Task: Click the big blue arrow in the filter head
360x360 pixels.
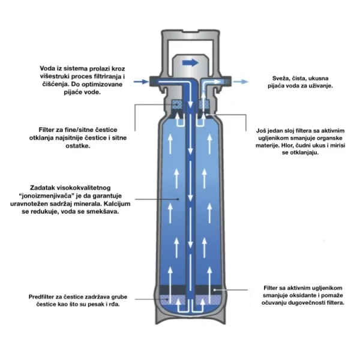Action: (x=190, y=62)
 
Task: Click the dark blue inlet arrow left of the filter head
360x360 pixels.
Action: (x=141, y=82)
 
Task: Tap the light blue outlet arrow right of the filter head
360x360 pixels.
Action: (x=241, y=82)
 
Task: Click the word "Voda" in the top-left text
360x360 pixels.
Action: (x=48, y=68)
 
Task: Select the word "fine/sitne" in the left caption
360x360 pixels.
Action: (x=79, y=130)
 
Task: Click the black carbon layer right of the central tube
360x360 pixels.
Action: (x=208, y=290)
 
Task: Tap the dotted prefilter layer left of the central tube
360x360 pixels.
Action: (x=172, y=300)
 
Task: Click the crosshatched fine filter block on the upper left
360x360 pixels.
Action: (x=178, y=105)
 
